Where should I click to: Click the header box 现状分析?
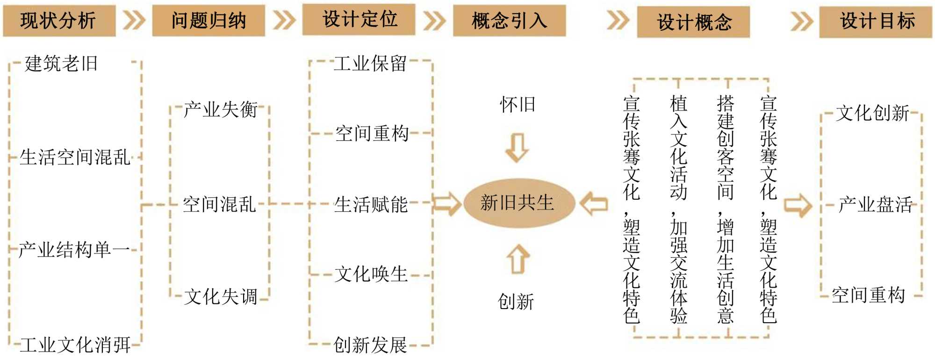point(59,21)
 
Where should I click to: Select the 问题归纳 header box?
point(209,21)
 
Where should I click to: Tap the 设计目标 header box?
point(876,22)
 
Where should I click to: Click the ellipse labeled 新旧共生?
point(518,203)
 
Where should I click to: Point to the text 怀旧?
point(518,104)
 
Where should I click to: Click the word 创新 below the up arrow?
point(516,302)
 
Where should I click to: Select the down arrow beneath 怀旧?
point(517,148)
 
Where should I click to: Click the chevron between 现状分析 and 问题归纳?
point(134,21)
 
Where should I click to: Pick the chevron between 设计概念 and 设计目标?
point(801,22)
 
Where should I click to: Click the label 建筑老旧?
point(61,64)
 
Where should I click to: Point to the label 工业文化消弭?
point(75,345)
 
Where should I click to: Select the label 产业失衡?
point(220,110)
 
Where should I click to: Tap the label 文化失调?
point(220,296)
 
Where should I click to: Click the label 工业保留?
point(370,64)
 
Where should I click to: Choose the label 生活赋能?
point(371,204)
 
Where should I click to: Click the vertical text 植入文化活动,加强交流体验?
point(679,209)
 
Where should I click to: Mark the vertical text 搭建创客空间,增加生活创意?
point(726,209)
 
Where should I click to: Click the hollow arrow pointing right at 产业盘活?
point(798,205)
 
